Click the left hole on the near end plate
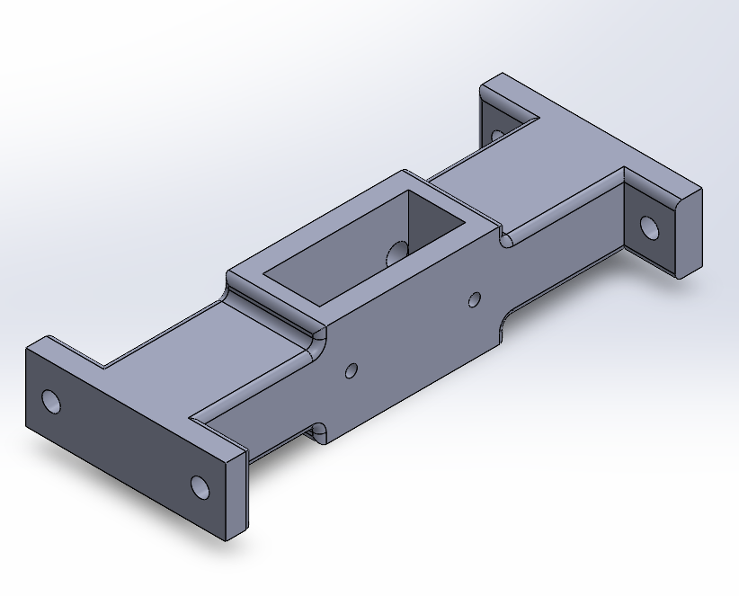coord(50,401)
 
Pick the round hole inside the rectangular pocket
coord(393,253)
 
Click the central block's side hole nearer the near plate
coord(351,369)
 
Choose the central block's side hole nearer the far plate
coord(476,298)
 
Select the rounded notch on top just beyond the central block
coord(506,240)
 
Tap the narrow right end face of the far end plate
coord(690,233)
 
